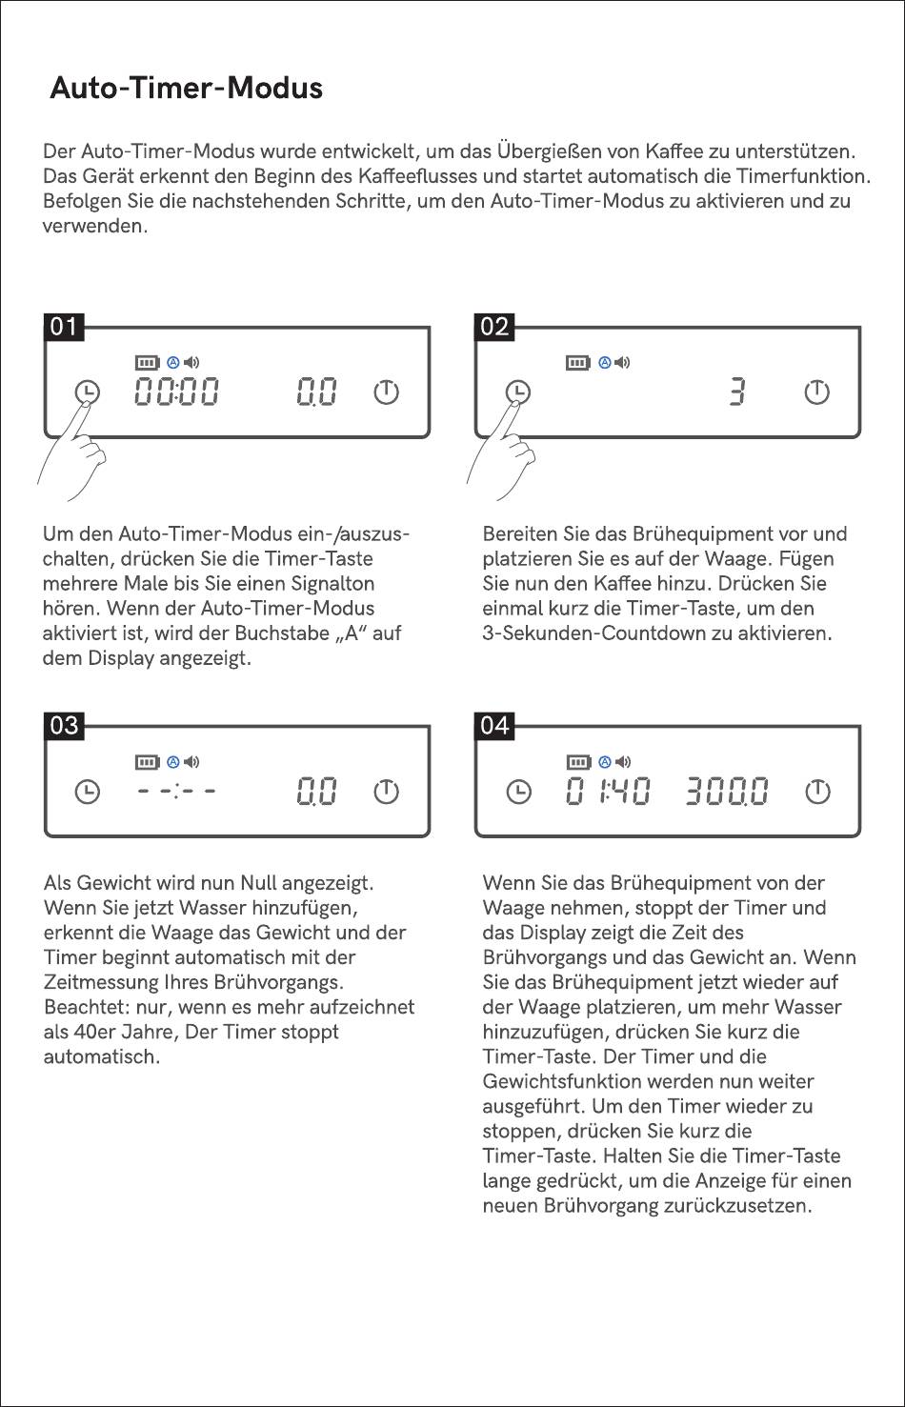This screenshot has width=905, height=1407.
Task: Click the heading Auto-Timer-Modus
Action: pyautogui.click(x=186, y=88)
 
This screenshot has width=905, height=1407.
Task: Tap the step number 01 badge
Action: pyautogui.click(x=64, y=327)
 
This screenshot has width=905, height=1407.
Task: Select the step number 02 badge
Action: pyautogui.click(x=494, y=327)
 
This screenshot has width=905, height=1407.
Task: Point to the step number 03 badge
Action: pyautogui.click(x=64, y=726)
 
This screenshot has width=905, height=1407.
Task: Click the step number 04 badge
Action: pyautogui.click(x=494, y=726)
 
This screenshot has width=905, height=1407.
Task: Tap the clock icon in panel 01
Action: pyautogui.click(x=88, y=392)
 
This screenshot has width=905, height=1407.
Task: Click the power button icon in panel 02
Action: pyautogui.click(x=817, y=392)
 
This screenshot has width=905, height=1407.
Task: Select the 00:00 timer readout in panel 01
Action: pyautogui.click(x=176, y=392)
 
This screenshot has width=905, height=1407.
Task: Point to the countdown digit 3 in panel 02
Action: pyautogui.click(x=737, y=392)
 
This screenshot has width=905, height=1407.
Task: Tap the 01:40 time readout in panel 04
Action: pyautogui.click(x=608, y=791)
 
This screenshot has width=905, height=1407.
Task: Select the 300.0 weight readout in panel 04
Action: pyautogui.click(x=727, y=791)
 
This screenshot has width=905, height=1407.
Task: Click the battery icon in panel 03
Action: pyautogui.click(x=148, y=762)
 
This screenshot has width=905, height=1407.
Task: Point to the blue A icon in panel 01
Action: pyautogui.click(x=173, y=362)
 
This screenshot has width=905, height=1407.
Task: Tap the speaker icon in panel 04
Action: pyautogui.click(x=623, y=762)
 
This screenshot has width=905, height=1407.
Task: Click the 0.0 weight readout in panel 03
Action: pyautogui.click(x=316, y=791)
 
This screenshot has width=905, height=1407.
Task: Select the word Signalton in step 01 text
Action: pyautogui.click(x=332, y=584)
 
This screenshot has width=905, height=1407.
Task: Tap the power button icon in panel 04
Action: pyautogui.click(x=817, y=792)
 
